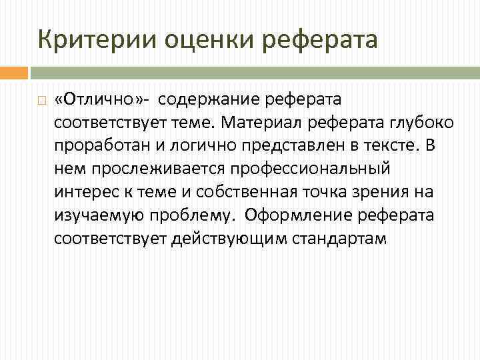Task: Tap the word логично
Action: click(185, 147)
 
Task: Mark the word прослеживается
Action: click(142, 169)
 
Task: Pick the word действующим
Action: click(209, 239)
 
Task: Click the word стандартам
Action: click(339, 239)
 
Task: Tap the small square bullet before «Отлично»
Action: click(41, 101)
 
